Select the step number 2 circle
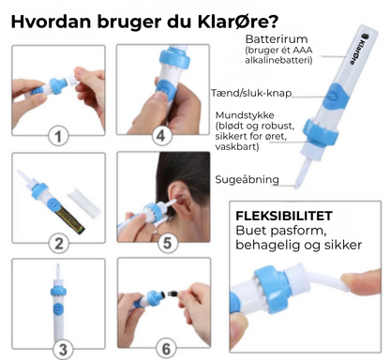[59, 245]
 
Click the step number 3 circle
[161, 136]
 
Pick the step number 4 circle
[166, 244]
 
